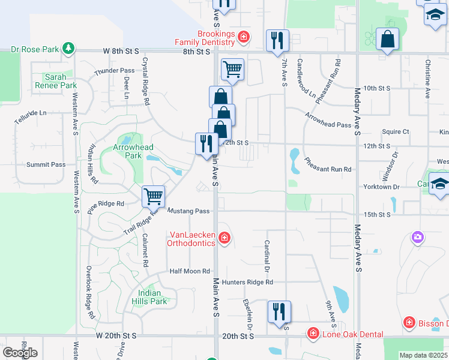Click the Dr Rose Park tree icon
tap(69, 47)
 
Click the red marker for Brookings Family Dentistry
tap(243, 37)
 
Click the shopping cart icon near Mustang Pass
tap(154, 196)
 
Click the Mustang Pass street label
tap(188, 211)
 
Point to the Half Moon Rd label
tap(190, 271)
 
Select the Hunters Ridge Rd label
tap(247, 282)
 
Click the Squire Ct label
tap(395, 131)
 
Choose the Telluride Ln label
tap(30, 113)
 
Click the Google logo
tap(20, 352)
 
